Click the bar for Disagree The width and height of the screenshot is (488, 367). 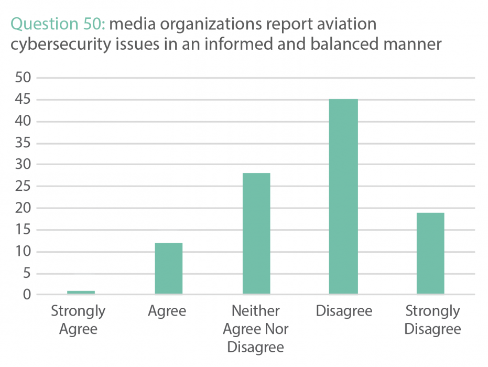click(343, 197)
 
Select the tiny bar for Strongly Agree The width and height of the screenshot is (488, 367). click(81, 292)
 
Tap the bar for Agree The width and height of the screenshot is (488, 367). click(169, 268)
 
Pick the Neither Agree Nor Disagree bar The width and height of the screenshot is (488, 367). click(256, 233)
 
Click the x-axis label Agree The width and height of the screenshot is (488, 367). click(167, 311)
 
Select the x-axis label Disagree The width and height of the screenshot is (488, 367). click(344, 311)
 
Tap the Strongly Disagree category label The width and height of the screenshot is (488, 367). click(432, 320)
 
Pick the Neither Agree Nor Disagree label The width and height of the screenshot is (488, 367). click(256, 329)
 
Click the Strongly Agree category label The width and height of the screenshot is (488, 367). click(78, 320)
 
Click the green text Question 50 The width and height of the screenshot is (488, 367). click(59, 24)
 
